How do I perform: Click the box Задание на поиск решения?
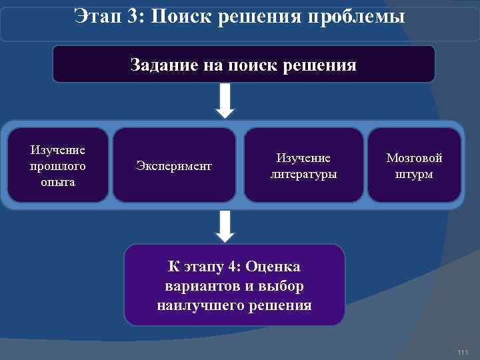[243, 65]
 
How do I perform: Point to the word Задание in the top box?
[161, 65]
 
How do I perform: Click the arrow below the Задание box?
[226, 101]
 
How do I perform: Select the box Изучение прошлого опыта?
[58, 165]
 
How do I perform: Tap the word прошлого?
[58, 165]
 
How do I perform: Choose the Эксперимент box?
[174, 165]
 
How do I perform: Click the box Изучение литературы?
[303, 165]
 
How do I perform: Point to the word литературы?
[303, 173]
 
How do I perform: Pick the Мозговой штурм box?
[414, 165]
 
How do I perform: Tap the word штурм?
[414, 173]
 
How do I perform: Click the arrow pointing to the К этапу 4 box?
[226, 226]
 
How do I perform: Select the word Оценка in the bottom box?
[273, 267]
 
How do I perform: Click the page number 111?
[463, 352]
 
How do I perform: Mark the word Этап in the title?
[97, 15]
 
